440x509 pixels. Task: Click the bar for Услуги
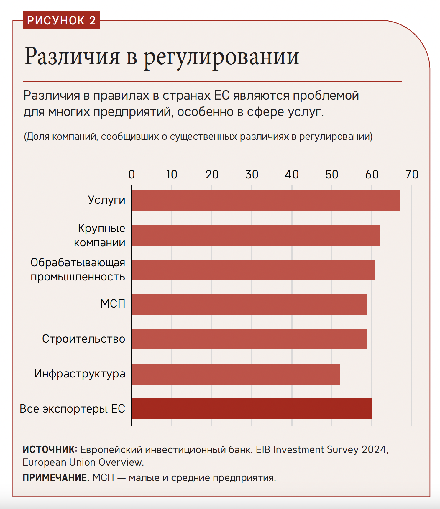(x=266, y=201)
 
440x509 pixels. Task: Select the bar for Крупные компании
(x=256, y=235)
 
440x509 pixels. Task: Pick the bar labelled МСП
(x=249, y=305)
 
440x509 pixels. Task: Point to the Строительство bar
(x=249, y=339)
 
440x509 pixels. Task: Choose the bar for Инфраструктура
(x=236, y=374)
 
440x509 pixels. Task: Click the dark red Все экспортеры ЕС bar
(x=252, y=409)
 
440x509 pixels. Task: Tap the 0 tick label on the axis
(x=132, y=175)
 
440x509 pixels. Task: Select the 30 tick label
(x=252, y=175)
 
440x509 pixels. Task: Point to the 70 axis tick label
(x=412, y=175)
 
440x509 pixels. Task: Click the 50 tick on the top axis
(x=332, y=175)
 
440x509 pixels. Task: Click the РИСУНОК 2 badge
(x=61, y=20)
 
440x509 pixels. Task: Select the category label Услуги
(x=106, y=200)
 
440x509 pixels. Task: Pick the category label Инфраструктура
(x=80, y=374)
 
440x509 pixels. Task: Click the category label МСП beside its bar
(x=113, y=304)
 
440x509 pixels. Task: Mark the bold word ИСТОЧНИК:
(x=50, y=449)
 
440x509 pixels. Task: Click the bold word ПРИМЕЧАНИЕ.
(x=56, y=477)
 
